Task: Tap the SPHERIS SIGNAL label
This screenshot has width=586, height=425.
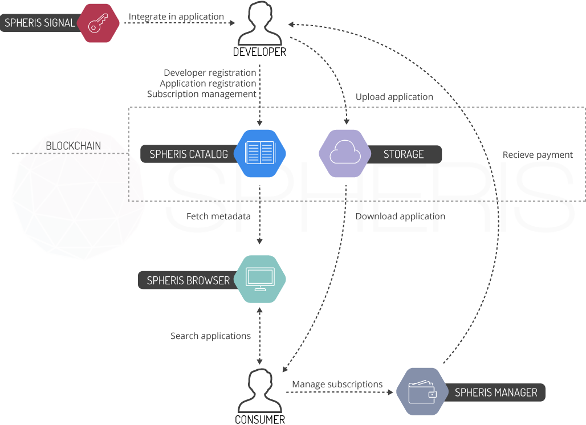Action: coord(40,23)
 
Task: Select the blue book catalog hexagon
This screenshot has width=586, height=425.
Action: coord(259,154)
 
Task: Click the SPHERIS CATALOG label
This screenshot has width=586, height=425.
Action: coord(189,154)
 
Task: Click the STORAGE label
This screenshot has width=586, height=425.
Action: coord(404,154)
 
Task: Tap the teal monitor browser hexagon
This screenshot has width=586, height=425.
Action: coord(259,279)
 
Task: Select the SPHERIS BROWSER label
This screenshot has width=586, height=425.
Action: coord(188,280)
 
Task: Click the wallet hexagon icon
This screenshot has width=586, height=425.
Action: coord(422,392)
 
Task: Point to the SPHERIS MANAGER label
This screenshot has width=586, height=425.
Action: coord(496,393)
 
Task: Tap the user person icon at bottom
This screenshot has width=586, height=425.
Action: coord(260,390)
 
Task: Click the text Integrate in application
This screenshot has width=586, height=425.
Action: coord(176,17)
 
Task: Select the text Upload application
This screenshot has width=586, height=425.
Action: coord(394,97)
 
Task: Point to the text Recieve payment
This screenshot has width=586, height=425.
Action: coord(538,155)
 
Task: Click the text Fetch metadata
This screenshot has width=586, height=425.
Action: coord(218,216)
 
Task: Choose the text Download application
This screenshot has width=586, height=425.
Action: coord(401,216)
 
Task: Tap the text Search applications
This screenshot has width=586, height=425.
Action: coord(210,336)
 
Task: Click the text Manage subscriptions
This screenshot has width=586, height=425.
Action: coord(337,385)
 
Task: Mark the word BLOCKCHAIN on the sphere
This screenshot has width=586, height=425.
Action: coord(73,146)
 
